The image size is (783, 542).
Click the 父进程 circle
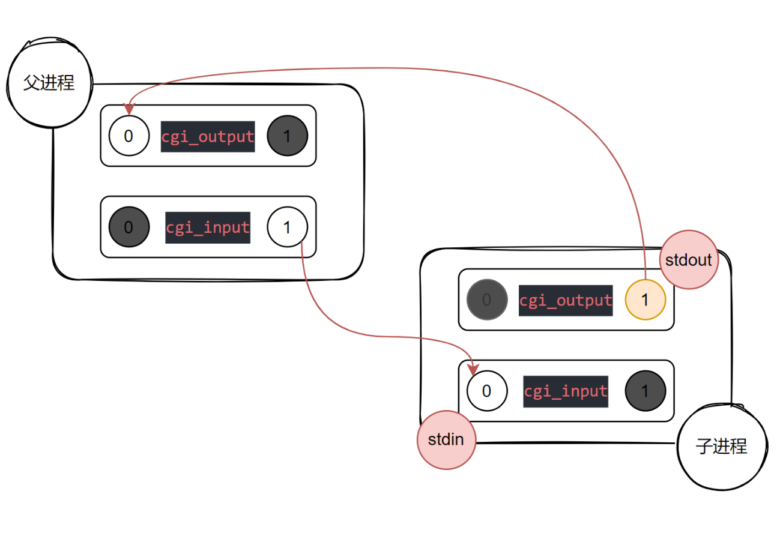(49, 83)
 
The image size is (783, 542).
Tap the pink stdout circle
(689, 260)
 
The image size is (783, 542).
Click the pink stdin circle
(446, 439)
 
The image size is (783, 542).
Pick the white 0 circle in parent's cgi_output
(128, 136)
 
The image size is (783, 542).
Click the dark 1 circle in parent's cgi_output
(287, 136)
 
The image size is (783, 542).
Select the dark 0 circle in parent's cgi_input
(128, 227)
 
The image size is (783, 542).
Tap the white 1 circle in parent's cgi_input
(287, 227)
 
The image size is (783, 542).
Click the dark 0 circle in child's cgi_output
(486, 300)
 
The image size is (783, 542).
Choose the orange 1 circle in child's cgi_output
(645, 300)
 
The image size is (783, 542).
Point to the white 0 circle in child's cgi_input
(486, 391)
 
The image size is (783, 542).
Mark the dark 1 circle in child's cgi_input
(645, 391)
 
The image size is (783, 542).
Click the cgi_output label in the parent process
(208, 136)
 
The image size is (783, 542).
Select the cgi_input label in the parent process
(208, 227)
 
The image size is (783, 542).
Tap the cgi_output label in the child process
(566, 300)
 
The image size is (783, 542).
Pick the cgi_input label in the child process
(566, 391)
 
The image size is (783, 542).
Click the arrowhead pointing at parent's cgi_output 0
(128, 110)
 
